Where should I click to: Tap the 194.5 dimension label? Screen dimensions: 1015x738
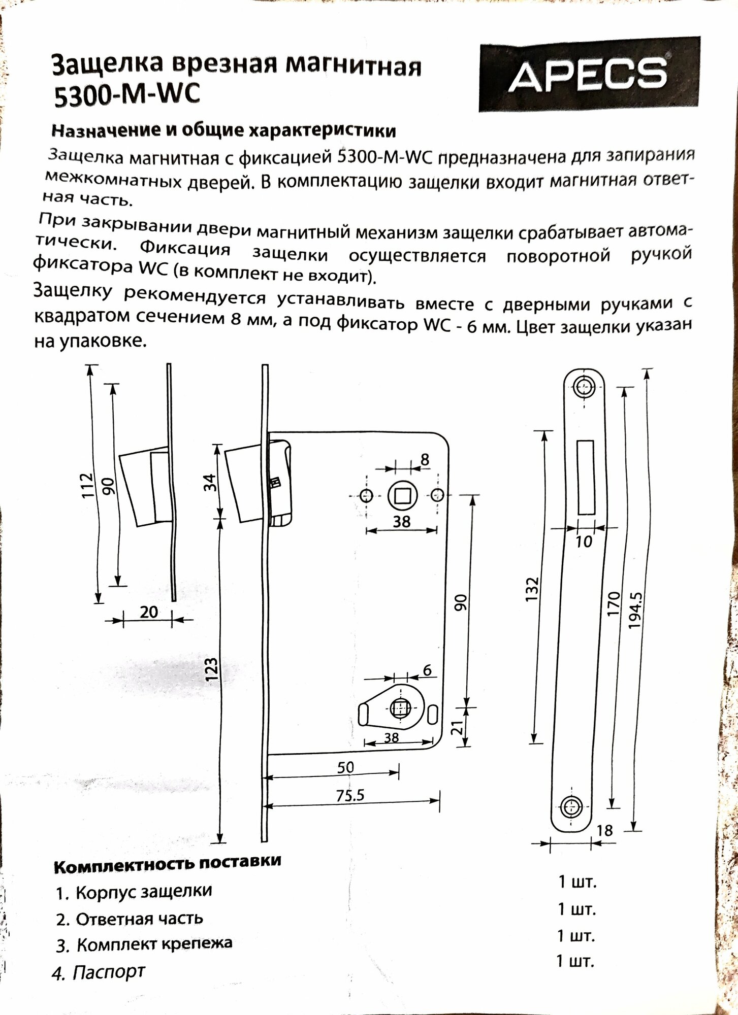[635, 611]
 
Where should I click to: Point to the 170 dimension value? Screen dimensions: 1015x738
[614, 603]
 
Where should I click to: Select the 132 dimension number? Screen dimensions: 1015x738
[531, 589]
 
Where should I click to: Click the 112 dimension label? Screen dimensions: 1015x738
[88, 485]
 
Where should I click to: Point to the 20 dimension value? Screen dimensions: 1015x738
[148, 612]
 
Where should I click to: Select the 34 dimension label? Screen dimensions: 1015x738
[210, 482]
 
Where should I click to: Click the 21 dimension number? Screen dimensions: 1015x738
[458, 728]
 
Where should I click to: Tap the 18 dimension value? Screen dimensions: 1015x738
[604, 831]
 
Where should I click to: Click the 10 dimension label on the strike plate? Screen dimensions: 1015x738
[584, 542]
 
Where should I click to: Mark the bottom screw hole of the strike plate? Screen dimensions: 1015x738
[572, 806]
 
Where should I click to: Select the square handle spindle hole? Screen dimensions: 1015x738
[403, 495]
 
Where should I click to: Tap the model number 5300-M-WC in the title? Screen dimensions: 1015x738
[127, 94]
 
